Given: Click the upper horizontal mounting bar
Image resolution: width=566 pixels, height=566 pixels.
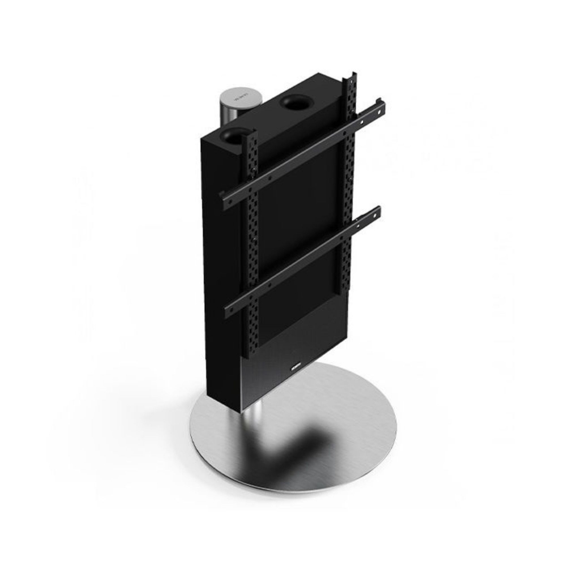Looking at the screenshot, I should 306,153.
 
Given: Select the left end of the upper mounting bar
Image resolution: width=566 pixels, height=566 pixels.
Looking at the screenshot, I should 225,201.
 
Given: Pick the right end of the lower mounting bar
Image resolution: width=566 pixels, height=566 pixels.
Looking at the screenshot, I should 377,212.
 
